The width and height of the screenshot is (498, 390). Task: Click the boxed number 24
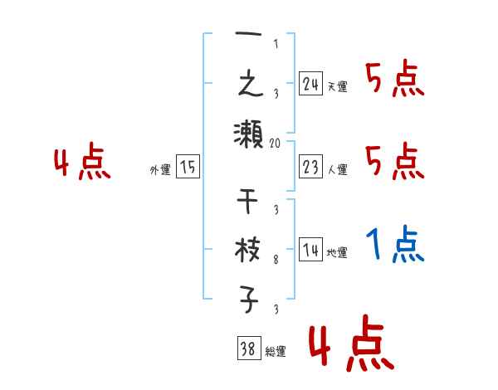click(310, 83)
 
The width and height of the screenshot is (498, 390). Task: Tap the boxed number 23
click(310, 166)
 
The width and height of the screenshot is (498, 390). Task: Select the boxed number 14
click(310, 249)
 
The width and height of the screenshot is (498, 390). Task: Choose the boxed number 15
click(188, 168)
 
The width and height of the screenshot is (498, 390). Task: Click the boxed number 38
click(247, 349)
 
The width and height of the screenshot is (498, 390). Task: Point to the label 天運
click(337, 86)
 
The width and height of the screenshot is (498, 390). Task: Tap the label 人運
click(337, 169)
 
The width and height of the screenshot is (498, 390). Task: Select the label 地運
click(337, 252)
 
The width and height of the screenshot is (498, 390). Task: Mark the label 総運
click(276, 352)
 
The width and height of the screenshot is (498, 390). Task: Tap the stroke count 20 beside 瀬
click(276, 142)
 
